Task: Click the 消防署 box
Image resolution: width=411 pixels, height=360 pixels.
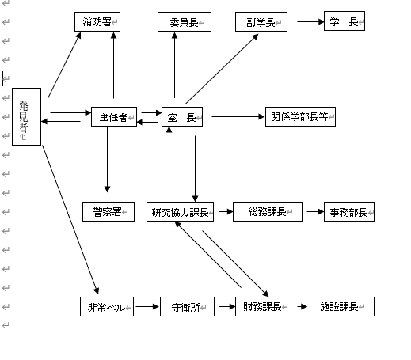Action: point(97,21)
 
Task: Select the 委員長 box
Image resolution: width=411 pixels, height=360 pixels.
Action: point(185,21)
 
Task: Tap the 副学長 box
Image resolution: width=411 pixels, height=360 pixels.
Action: point(261,21)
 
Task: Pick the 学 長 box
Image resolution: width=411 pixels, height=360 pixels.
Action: point(344,21)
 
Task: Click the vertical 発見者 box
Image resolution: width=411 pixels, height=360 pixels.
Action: point(27,116)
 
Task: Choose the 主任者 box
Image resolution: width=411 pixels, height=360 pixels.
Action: point(114,116)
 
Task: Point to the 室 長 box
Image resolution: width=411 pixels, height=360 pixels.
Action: point(182,116)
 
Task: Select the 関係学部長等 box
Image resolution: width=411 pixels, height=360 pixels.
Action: point(300,116)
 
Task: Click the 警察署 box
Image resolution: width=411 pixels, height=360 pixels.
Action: point(108,211)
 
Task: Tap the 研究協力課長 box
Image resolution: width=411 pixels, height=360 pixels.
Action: point(181,211)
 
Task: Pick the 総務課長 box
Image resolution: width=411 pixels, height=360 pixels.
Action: point(268,211)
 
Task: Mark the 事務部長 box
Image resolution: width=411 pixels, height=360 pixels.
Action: point(349,211)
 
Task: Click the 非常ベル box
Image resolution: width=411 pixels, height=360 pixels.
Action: point(107,306)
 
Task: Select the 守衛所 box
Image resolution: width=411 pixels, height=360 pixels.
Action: point(187,306)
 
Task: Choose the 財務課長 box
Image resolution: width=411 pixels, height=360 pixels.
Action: point(263,306)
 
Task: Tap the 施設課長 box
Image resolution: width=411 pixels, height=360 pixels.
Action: point(340,306)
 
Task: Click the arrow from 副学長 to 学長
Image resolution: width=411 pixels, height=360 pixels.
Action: point(310,21)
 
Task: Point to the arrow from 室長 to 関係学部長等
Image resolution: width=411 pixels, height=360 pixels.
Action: point(238,116)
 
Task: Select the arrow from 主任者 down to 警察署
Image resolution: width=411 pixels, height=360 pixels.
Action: point(107,159)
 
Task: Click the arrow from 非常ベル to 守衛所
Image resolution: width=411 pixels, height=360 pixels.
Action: point(147,306)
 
